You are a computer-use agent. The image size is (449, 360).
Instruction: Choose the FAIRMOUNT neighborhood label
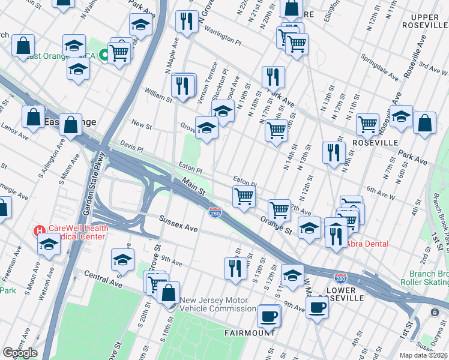(x=250, y=332)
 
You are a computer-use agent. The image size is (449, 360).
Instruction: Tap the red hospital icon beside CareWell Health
(x=40, y=230)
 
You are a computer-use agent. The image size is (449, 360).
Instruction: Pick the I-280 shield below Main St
(x=214, y=212)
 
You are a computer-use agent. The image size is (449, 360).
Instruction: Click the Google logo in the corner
(x=20, y=353)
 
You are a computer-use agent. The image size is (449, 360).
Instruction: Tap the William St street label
(x=158, y=94)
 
